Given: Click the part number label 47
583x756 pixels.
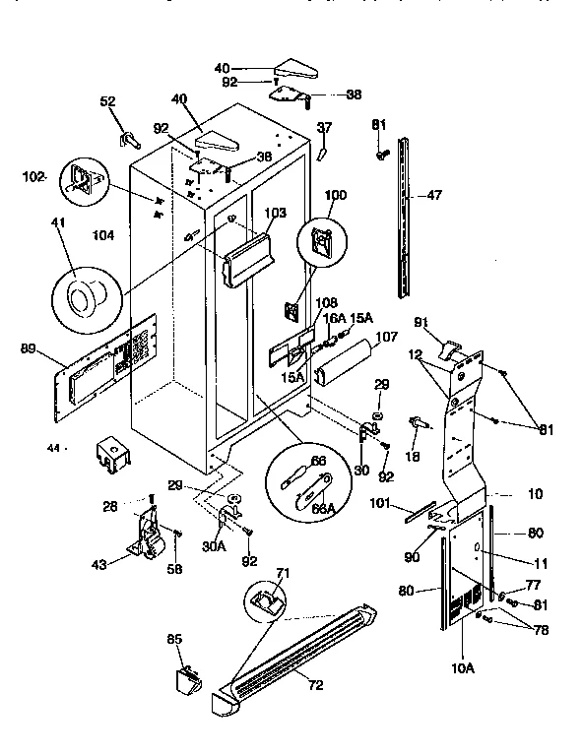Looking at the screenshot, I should tap(434, 195).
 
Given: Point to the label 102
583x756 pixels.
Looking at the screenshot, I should tap(33, 177).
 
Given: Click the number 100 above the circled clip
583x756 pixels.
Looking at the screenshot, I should tap(336, 196).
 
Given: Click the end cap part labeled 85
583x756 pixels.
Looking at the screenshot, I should tap(186, 678).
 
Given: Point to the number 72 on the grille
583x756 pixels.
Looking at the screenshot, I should tap(316, 685).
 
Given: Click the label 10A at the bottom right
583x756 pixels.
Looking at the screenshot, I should tap(463, 668).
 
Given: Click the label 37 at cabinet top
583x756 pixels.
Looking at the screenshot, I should tap(326, 126).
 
